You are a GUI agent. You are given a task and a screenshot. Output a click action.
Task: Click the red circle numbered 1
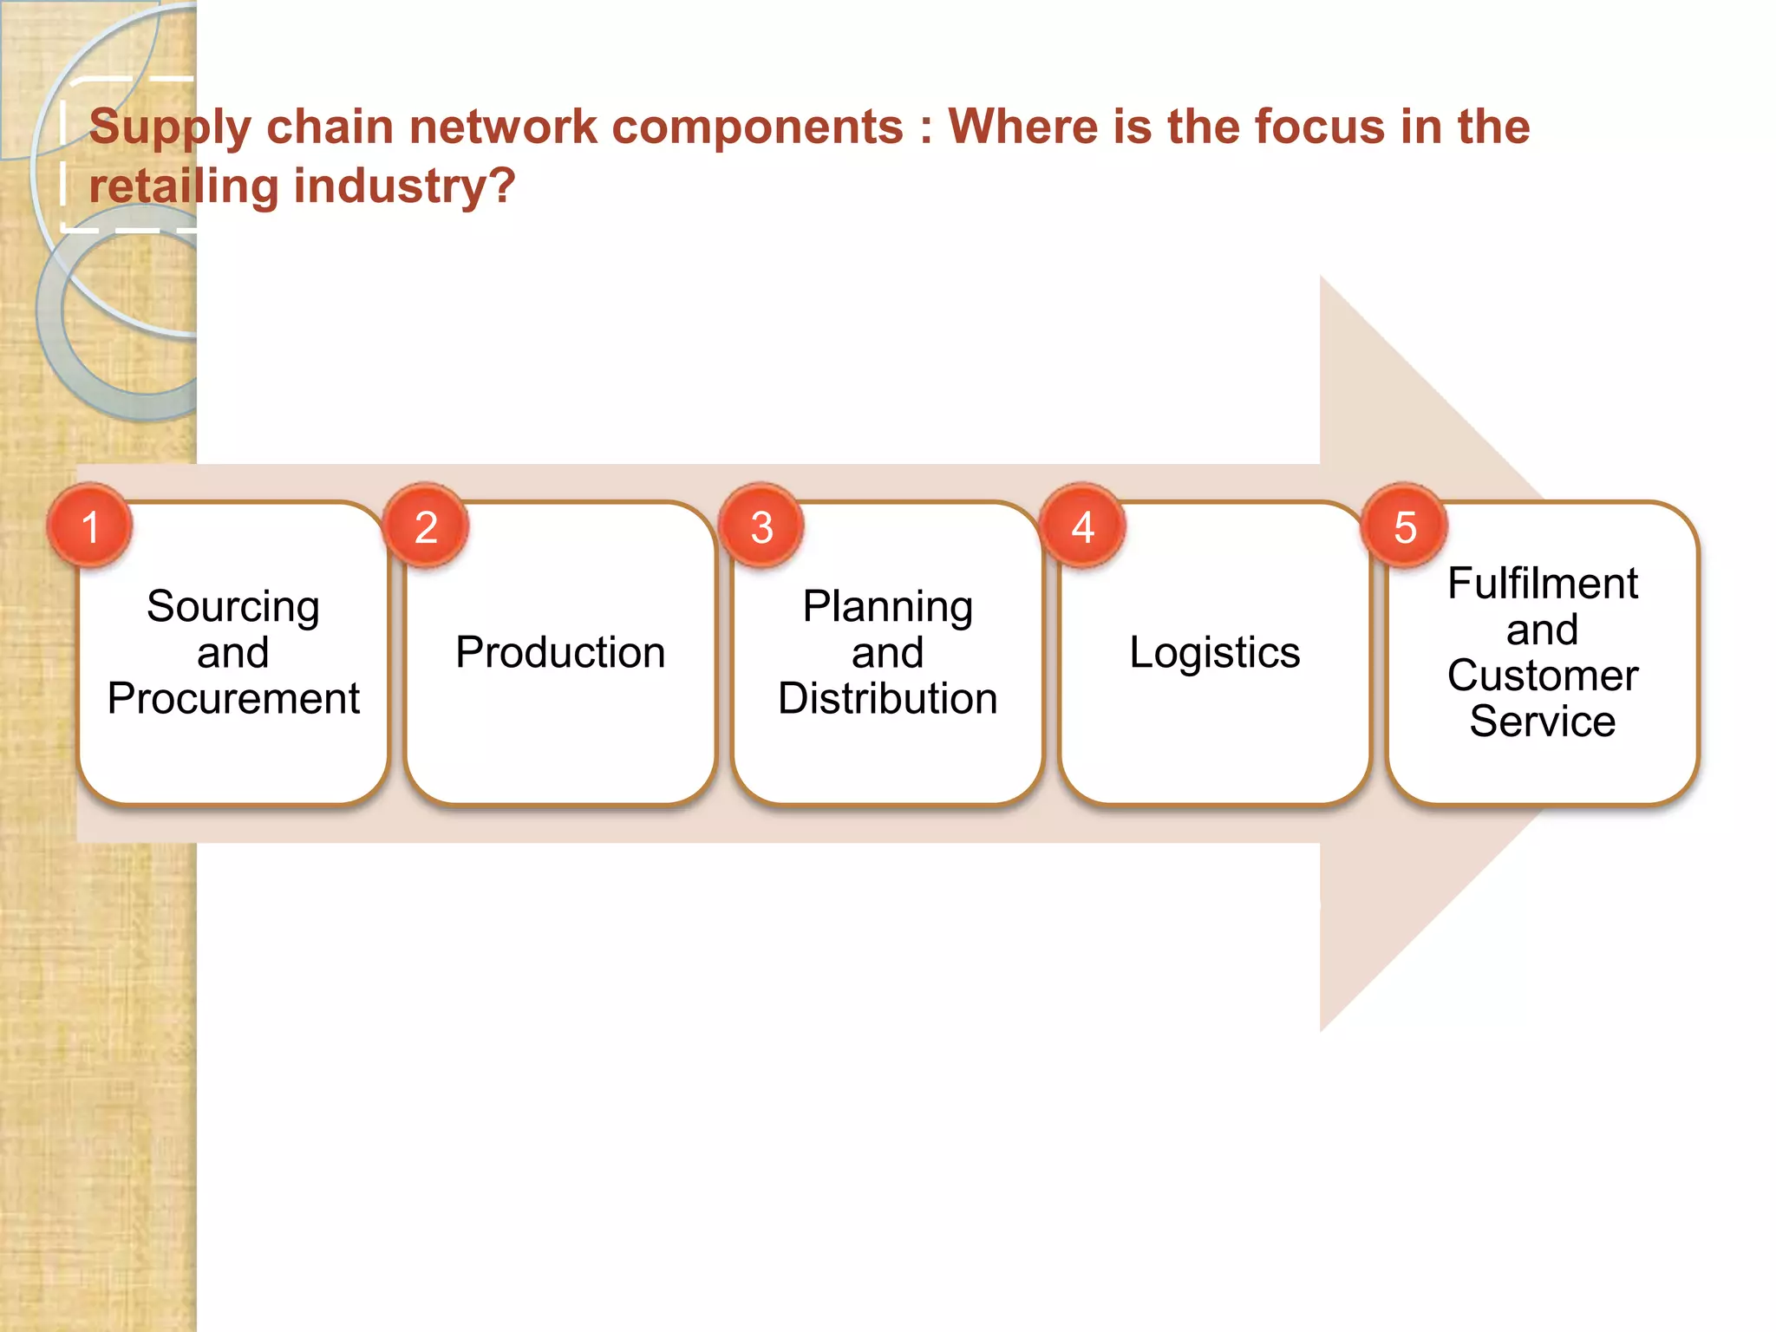tap(90, 526)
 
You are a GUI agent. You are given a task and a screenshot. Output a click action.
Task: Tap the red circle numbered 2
tap(426, 526)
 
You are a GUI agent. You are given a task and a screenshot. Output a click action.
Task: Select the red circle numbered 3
tap(761, 526)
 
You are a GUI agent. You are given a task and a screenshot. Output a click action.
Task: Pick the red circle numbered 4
tap(1083, 526)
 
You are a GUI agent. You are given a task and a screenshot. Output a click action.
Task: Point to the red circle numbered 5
tap(1405, 526)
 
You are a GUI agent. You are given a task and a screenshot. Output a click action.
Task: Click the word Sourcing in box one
tap(233, 607)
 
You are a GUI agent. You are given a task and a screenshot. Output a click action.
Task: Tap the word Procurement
tap(233, 699)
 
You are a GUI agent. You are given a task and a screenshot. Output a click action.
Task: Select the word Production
tap(560, 652)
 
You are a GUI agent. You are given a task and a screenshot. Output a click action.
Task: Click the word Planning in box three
tap(887, 607)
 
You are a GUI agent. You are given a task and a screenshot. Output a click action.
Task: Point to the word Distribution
tap(887, 699)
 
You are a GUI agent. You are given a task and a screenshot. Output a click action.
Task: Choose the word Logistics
tap(1214, 652)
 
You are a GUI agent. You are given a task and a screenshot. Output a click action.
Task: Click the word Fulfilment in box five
tap(1542, 583)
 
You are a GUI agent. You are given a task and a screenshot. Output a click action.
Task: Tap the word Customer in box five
tap(1542, 676)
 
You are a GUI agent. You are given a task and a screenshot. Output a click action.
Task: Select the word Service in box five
tap(1542, 721)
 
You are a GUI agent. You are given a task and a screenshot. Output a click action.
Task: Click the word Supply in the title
tap(170, 128)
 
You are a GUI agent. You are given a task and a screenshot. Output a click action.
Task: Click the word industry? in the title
tap(405, 186)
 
